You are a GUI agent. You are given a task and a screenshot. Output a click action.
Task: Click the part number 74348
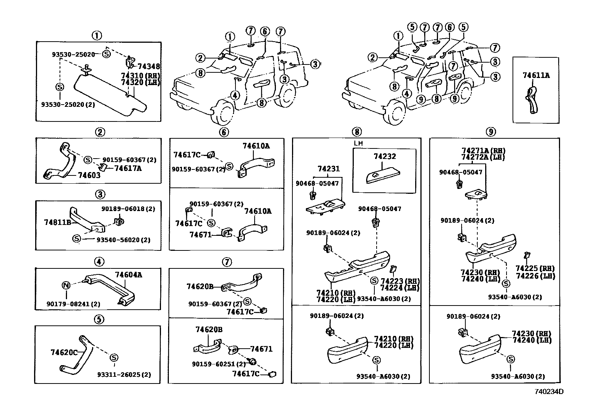point(149,66)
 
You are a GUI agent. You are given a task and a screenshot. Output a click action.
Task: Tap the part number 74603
point(89,175)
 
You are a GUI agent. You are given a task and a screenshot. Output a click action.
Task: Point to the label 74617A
point(128,168)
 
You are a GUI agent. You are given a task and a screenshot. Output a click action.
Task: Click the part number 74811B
point(58,222)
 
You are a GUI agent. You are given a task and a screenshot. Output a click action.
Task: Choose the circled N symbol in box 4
point(66,285)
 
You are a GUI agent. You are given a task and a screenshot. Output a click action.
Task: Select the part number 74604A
point(128,275)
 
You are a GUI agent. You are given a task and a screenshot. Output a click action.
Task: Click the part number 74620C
point(64,352)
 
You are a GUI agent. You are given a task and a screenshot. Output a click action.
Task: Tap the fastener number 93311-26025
point(119,375)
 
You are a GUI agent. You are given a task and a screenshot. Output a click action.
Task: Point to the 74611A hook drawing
point(532,100)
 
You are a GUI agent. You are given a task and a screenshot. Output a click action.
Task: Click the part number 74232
point(385,156)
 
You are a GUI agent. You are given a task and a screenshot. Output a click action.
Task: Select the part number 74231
point(329,169)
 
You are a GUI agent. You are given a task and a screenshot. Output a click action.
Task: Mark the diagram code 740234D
point(549,391)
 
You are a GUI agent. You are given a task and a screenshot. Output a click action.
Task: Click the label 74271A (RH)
point(483,151)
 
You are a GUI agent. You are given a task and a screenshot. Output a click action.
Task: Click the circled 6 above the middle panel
point(224,132)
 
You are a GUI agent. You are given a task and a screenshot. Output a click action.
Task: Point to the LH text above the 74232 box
point(358,143)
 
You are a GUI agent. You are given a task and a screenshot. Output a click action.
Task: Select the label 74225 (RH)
point(535,268)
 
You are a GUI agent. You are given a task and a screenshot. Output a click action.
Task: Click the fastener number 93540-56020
point(118,240)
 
